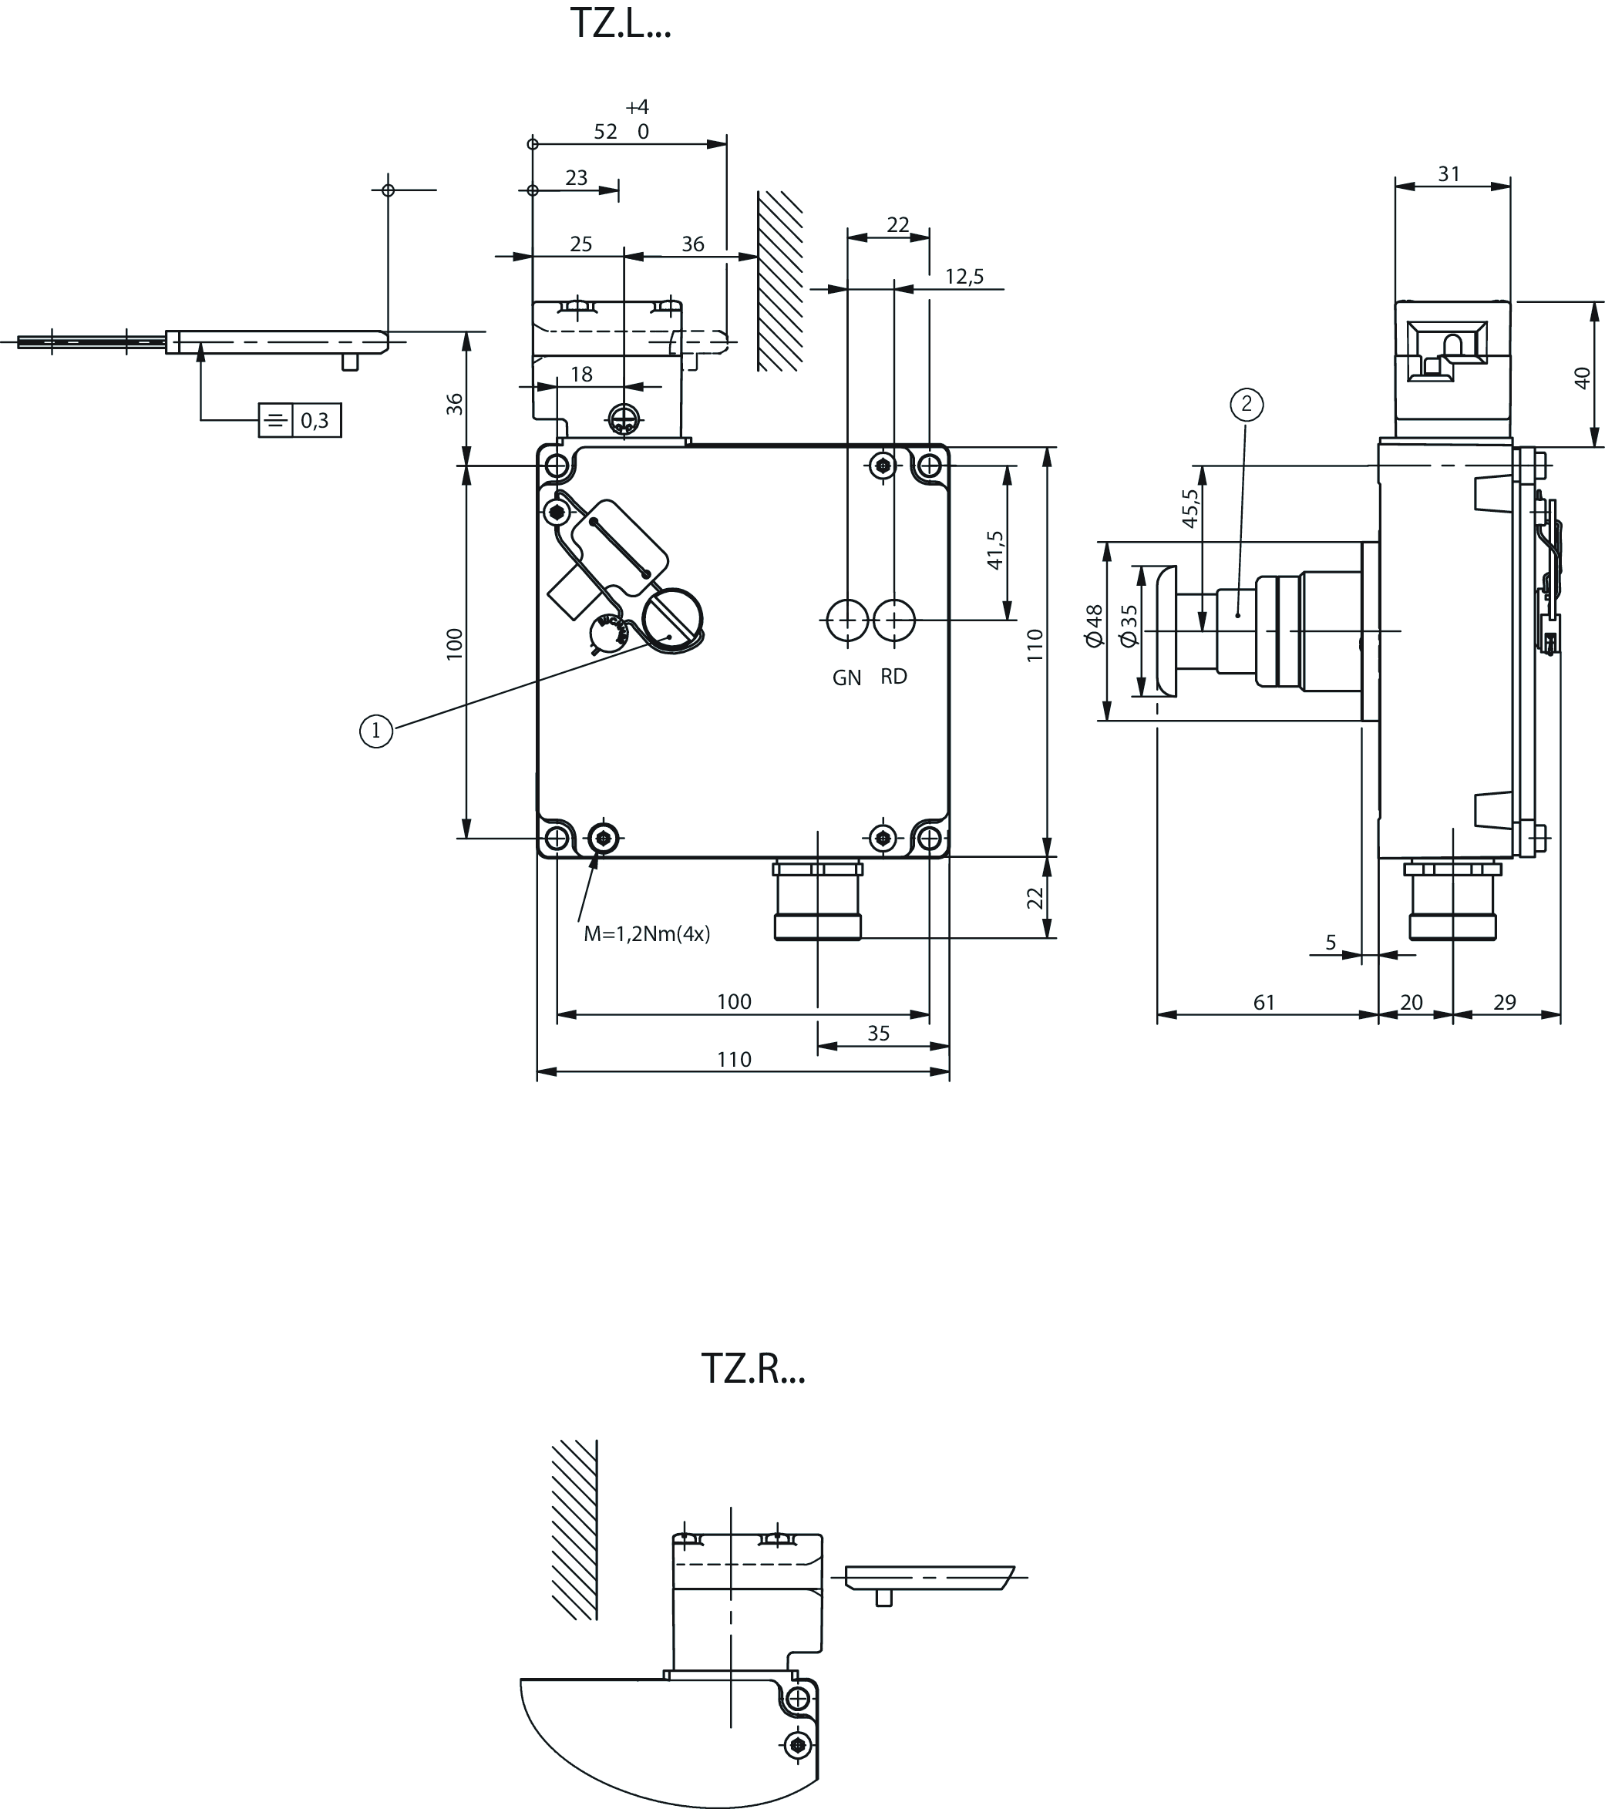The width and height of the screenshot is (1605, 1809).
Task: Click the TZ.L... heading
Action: [x=620, y=24]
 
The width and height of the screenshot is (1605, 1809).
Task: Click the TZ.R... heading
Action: [x=752, y=1368]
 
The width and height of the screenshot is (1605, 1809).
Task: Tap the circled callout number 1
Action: [x=376, y=731]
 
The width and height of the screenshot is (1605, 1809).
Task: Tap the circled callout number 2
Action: [x=1247, y=405]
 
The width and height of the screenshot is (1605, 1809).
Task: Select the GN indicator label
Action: [x=846, y=678]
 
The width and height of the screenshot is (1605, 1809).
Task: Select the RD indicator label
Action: [x=893, y=677]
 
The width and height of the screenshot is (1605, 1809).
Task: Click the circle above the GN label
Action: [x=847, y=620]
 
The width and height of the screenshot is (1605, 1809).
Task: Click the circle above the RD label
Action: [x=894, y=620]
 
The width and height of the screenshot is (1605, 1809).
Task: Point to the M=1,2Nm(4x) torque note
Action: [x=646, y=933]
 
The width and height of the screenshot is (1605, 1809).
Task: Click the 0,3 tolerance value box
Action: [x=315, y=420]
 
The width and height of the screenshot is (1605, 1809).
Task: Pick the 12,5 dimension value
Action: [x=964, y=277]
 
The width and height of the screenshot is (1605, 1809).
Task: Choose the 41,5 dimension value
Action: [x=995, y=550]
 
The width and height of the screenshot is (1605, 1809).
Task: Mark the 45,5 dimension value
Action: [x=1191, y=509]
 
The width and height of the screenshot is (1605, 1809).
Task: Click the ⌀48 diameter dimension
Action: [x=1094, y=627]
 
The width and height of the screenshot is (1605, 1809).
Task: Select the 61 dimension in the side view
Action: [x=1263, y=1002]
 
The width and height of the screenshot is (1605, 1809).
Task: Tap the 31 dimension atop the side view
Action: [x=1449, y=174]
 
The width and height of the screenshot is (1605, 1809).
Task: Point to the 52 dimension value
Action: [x=605, y=132]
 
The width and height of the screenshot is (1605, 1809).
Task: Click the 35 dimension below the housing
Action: [x=877, y=1033]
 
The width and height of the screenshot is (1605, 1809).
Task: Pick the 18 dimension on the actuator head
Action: [x=580, y=375]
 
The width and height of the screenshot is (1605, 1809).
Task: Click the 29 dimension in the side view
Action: [x=1504, y=1002]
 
